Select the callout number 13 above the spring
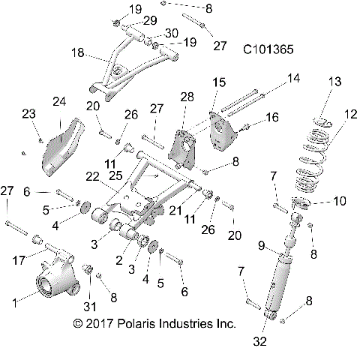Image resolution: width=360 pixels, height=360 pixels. (334, 81)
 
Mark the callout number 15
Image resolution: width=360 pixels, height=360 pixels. (218, 81)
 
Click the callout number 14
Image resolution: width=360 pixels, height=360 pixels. (293, 78)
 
